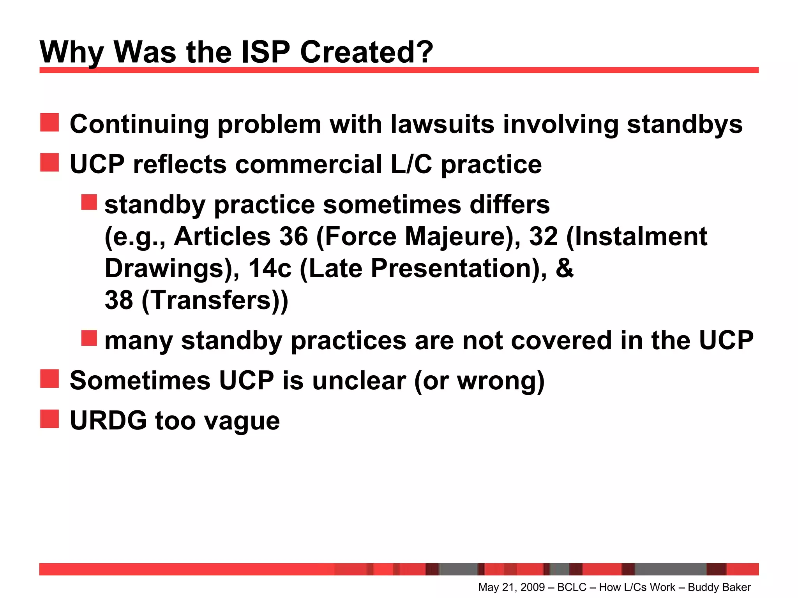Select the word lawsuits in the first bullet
pos(442,124)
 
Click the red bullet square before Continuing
pos(49,123)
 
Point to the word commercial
pos(308,164)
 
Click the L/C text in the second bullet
pos(411,164)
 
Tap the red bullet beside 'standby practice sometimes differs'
pos(89,202)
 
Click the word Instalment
pos(641,236)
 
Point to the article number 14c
pos(270,268)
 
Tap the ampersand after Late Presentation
pos(565,268)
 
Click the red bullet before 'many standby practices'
pos(89,338)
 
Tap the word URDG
pos(108,420)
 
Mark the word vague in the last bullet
pos(242,421)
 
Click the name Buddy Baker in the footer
pos(719,587)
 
